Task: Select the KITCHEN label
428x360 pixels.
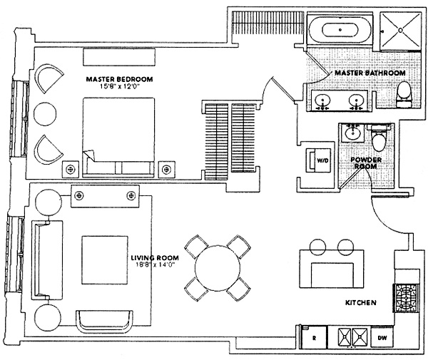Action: click(x=361, y=302)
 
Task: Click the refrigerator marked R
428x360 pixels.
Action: click(x=311, y=336)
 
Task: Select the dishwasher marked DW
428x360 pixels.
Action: click(x=382, y=336)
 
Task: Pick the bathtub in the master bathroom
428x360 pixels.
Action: click(x=338, y=31)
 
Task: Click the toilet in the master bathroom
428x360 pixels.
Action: click(x=404, y=92)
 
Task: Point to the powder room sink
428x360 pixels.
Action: click(x=351, y=133)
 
